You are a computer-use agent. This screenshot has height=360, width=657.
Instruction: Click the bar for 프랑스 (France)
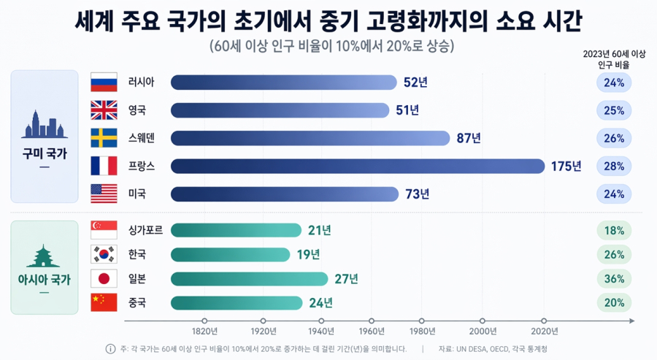[358, 166]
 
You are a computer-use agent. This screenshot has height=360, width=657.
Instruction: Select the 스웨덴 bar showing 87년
[310, 138]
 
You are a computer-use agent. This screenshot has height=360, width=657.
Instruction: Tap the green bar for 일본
[249, 278]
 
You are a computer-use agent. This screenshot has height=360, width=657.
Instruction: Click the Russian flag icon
[104, 83]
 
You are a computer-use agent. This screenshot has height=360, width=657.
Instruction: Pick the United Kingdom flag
[104, 110]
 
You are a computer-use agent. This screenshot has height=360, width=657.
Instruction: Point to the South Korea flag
[104, 254]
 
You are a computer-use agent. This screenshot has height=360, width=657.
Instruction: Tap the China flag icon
[104, 302]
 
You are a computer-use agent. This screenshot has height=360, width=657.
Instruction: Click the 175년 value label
[566, 166]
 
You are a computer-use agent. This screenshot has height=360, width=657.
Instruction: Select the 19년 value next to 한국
[308, 254]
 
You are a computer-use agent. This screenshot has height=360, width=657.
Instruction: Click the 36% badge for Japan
[614, 278]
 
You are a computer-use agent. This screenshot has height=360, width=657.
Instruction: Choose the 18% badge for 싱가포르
[614, 231]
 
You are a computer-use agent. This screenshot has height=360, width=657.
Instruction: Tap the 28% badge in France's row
[614, 166]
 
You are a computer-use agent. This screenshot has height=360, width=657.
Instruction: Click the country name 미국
[137, 194]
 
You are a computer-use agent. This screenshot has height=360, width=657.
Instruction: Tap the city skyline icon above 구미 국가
[45, 125]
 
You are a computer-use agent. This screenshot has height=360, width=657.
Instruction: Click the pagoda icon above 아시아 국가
[45, 256]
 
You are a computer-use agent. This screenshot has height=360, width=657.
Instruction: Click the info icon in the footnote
[111, 349]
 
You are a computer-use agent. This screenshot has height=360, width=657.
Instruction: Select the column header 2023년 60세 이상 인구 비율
[614, 59]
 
